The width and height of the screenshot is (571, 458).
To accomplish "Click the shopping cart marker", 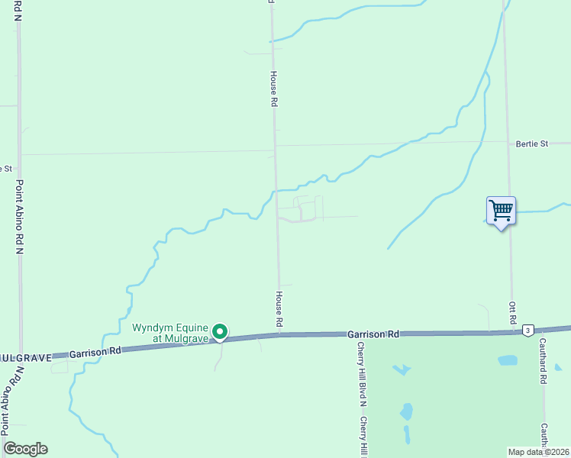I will point(501,210).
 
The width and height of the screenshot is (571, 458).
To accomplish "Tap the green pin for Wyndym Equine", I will point(220,331).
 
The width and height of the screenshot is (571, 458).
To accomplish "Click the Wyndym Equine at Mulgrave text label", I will point(169,333).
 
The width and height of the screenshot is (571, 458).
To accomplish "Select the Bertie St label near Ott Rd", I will point(532,144).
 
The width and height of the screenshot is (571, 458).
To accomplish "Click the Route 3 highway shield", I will point(528,330).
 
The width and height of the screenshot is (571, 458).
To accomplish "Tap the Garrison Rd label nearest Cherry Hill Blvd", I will point(373,334).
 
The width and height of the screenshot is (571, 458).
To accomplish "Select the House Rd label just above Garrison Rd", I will point(279,309).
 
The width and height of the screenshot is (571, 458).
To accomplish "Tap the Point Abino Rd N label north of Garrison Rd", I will point(20,217).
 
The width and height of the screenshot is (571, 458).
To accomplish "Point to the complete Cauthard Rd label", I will point(544,361).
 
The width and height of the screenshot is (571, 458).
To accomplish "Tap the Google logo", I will point(25,449).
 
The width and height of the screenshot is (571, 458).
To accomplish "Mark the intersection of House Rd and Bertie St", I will point(275,144).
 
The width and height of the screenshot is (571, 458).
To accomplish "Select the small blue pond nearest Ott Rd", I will point(507,360).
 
